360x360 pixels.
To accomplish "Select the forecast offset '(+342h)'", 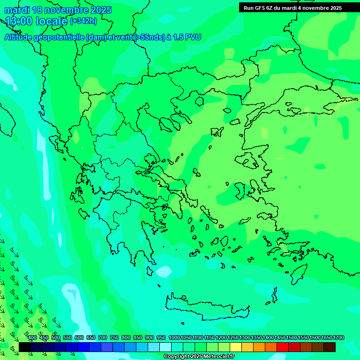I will [83, 21].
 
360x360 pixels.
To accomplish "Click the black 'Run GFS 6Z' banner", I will [292, 8].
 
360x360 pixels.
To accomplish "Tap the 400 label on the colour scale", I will [32, 338].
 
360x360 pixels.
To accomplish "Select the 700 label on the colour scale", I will [103, 338].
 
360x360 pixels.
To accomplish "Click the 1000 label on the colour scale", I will [174, 338].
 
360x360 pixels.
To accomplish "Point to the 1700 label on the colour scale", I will [338, 338].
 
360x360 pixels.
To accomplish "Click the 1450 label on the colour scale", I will [280, 338].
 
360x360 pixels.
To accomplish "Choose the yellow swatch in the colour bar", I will [236, 347].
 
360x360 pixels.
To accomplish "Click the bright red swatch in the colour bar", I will [283, 347].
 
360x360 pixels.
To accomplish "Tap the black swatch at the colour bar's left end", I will [25, 347].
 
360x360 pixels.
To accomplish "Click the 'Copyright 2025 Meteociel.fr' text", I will [199, 357].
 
